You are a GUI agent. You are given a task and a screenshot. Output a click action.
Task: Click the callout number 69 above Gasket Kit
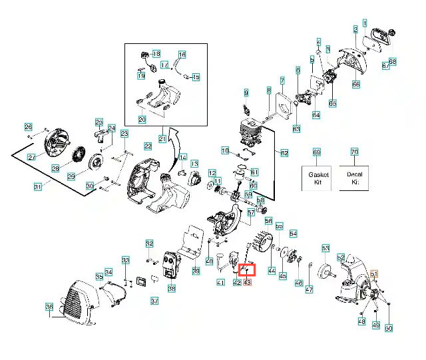click(316, 152)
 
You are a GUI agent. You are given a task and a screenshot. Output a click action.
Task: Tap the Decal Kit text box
click(353, 178)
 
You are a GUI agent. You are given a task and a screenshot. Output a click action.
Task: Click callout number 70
click(354, 152)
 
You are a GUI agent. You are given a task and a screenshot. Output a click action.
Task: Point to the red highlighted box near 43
click(246, 270)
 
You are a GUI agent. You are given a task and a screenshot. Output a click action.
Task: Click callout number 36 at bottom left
click(49, 307)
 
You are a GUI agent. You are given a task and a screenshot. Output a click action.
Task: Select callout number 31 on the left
click(38, 187)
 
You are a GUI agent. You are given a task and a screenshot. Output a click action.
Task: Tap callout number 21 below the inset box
click(162, 138)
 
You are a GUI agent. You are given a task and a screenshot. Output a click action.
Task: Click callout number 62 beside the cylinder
click(284, 153)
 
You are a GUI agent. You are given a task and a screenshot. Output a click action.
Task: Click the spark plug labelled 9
click(248, 107)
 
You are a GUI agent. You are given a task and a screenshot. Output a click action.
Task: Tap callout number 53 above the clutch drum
click(325, 248)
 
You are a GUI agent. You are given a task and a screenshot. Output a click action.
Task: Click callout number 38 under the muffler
click(172, 289)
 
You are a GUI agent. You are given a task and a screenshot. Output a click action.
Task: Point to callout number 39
click(196, 271)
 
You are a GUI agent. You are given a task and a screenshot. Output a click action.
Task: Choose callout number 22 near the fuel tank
click(148, 145)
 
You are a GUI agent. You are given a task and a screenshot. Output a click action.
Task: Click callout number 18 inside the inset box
click(156, 53)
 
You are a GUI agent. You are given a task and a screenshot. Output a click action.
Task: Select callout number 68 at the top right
click(392, 62)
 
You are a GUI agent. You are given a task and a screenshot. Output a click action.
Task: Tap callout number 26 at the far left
click(28, 127)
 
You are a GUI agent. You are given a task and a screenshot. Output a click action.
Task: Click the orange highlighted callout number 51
click(374, 274)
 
